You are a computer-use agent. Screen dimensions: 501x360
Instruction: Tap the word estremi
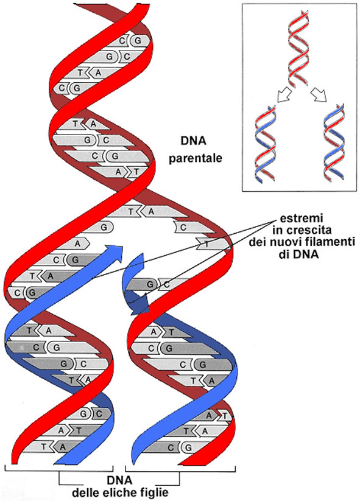[x=298, y=218]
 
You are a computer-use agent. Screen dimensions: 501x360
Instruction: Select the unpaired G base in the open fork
[x=105, y=226]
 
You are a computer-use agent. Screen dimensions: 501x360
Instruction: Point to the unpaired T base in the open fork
[x=207, y=243]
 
